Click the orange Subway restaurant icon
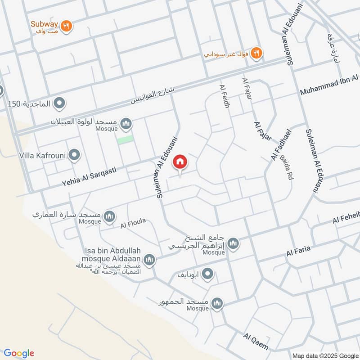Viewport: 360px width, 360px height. [67, 27]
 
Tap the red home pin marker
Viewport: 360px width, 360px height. [180, 162]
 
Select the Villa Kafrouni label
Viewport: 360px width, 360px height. [42, 156]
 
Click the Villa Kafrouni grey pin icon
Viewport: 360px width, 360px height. [75, 156]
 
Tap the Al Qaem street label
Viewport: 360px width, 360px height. [256, 342]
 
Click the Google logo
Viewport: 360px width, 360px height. [19, 353]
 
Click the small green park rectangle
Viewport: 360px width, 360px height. [126, 139]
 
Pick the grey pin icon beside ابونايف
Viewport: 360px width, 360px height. [207, 274]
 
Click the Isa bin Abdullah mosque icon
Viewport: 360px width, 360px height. [149, 259]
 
